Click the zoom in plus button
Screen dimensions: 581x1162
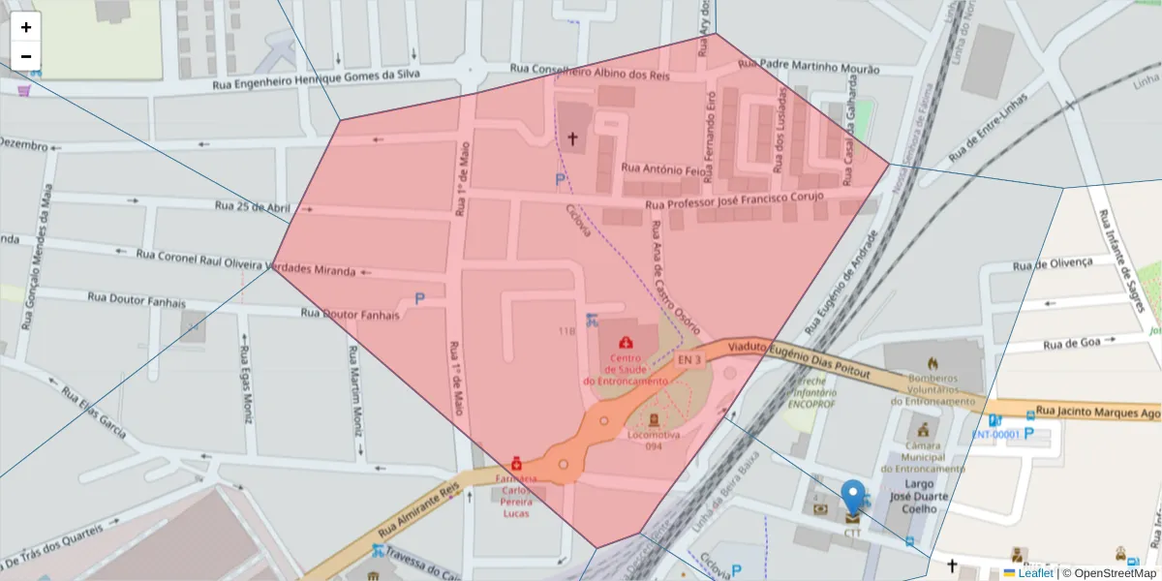point(26,27)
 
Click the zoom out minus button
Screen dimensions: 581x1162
point(26,56)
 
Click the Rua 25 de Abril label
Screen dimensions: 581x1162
point(253,206)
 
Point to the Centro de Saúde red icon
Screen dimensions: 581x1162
point(627,342)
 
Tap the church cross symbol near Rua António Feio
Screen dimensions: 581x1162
point(571,139)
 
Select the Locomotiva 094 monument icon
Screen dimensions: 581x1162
point(654,419)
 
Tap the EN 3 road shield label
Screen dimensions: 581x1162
point(688,360)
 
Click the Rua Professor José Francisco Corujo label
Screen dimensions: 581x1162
point(733,200)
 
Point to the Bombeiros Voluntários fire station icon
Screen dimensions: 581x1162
point(932,361)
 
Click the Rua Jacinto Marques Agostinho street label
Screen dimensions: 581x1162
point(1097,413)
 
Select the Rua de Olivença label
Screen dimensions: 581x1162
point(1052,263)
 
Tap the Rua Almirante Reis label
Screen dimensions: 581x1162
point(416,510)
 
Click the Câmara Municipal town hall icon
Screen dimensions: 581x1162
point(923,429)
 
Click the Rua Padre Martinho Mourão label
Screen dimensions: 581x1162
point(809,67)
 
